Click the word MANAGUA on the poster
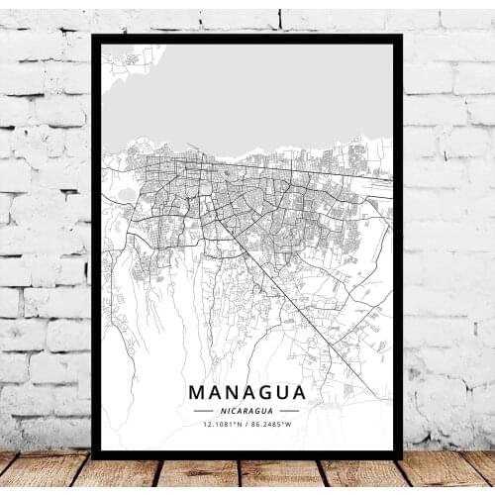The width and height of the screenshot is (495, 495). coord(247,392)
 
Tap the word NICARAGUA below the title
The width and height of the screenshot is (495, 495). coord(247,410)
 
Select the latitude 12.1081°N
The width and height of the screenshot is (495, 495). coord(223,425)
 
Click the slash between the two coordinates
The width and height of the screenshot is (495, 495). coord(247,425)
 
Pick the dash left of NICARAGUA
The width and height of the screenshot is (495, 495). coord(203,410)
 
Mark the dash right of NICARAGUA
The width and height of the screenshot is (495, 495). coord(289,410)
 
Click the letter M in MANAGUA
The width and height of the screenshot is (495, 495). coord(196,392)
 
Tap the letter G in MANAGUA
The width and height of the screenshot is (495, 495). coord(260,392)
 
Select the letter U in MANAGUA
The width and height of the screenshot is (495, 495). coord(278,392)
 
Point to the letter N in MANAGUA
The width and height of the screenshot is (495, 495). coord(229,392)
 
